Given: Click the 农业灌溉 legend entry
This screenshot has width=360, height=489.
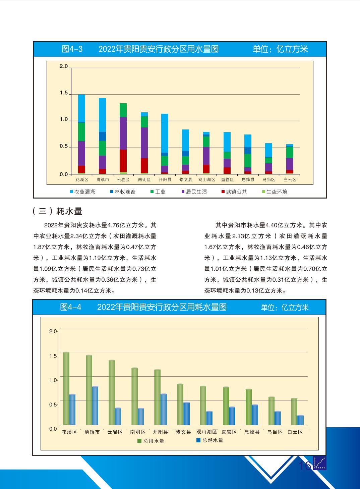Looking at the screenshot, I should (82, 192).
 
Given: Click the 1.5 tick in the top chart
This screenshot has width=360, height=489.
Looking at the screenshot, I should (64, 93).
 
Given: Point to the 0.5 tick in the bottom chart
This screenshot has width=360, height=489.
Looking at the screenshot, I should (53, 404).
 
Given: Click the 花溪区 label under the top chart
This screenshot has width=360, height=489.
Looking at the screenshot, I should (81, 180).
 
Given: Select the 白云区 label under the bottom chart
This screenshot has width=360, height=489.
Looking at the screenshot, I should (295, 432).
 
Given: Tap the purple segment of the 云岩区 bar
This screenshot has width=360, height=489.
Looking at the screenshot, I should (123, 133).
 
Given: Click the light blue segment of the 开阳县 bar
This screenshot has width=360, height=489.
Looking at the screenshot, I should (165, 133).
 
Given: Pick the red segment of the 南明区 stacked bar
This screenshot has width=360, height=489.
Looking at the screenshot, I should (144, 165).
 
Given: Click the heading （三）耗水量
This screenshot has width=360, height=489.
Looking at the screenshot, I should (58, 211).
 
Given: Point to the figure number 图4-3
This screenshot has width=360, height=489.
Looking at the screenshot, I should (72, 49).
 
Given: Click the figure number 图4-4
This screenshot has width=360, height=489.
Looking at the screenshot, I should (71, 307).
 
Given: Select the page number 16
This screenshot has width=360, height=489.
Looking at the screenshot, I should (305, 466).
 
